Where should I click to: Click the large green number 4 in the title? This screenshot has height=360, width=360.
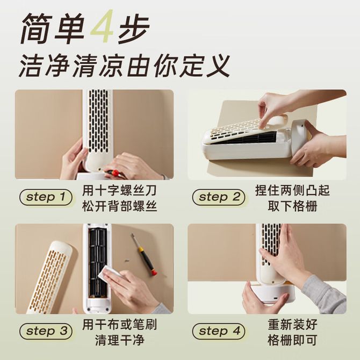(102, 26)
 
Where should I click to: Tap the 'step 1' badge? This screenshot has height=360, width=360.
(46, 197)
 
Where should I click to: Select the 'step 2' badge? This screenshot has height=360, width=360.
(219, 197)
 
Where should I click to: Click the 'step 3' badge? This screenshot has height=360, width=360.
(46, 331)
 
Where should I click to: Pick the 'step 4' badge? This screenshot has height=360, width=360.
(219, 331)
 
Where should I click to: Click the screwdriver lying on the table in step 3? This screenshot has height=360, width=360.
(144, 254)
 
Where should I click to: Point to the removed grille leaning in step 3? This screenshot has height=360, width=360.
(50, 277)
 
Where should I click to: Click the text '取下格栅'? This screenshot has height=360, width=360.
(292, 206)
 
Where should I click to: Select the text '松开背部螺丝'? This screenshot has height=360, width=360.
(120, 206)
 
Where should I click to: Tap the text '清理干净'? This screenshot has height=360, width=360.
(120, 340)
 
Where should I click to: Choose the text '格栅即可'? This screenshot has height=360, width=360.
(292, 340)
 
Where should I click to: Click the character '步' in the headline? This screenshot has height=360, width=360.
(134, 28)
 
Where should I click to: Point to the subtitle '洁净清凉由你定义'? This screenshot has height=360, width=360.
(124, 66)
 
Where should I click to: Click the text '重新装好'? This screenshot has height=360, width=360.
(292, 325)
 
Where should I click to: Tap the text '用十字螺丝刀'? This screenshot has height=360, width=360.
(120, 191)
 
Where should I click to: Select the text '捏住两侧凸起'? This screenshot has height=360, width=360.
(292, 191)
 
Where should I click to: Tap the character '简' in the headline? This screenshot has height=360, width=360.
(37, 28)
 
